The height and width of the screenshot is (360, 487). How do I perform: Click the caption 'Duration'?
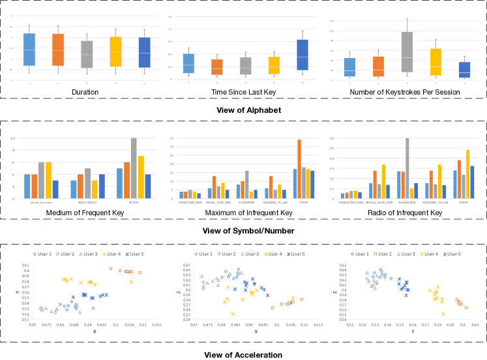(x=85, y=93)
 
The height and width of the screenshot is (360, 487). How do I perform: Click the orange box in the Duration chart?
(x=58, y=50)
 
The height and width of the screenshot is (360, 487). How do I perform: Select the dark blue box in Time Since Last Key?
(x=302, y=55)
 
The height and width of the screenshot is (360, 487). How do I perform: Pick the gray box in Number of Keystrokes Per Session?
(x=407, y=52)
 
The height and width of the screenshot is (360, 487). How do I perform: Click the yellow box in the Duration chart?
(x=115, y=52)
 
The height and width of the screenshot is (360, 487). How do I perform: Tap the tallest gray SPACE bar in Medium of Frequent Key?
(x=134, y=168)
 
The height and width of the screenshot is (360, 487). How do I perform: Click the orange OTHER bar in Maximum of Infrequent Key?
(x=299, y=168)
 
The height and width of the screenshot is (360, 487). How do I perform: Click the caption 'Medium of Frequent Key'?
(x=86, y=213)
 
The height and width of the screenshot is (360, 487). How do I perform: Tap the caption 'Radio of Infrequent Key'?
(x=406, y=213)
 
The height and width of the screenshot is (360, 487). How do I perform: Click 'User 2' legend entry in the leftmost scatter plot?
(x=66, y=253)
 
